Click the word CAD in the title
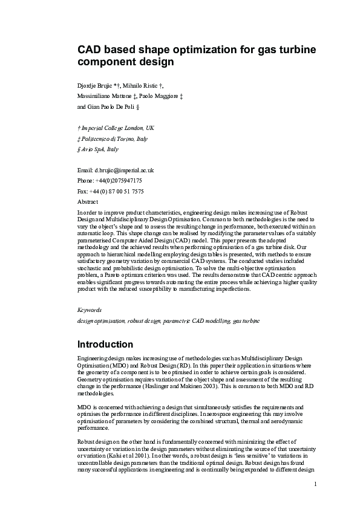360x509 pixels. pos(89,49)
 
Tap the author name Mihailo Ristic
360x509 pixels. pos(145,86)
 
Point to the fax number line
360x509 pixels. pos(111,191)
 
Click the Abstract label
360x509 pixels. pos(88,201)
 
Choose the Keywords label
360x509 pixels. pos(90,310)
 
